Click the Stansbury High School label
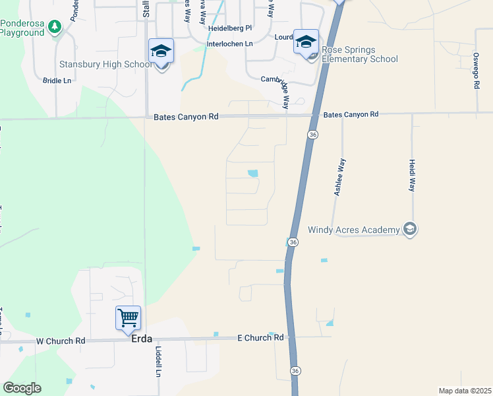(x=106, y=64)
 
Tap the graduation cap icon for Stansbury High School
(x=161, y=51)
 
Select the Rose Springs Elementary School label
(x=359, y=54)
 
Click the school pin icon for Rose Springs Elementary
(x=306, y=42)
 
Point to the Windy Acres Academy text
(x=354, y=230)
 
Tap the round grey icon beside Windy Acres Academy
(x=410, y=230)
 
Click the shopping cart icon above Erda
(x=128, y=317)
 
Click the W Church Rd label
(x=61, y=341)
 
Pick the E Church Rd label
(x=260, y=337)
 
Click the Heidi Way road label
(x=412, y=175)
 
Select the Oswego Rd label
(x=476, y=71)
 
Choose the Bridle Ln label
(x=57, y=81)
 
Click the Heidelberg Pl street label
(x=230, y=29)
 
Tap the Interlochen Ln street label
(x=230, y=44)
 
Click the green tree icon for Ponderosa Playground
(x=56, y=27)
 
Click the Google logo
(x=22, y=388)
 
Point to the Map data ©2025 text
(x=465, y=391)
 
